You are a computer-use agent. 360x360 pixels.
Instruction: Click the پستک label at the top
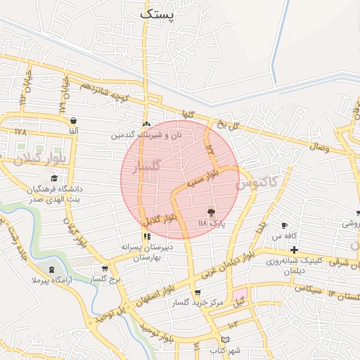[160, 12]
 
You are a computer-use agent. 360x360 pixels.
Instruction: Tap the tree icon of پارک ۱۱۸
[210, 212]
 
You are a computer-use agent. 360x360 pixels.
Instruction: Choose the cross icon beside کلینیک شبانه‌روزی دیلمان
[293, 250]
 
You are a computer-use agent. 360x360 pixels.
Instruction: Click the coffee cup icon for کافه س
[284, 226]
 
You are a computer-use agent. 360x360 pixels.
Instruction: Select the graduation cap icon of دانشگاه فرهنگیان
[53, 179]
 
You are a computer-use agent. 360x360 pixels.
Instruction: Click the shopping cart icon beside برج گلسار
[105, 268]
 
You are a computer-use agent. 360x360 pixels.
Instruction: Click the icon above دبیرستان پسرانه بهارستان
[147, 237]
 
